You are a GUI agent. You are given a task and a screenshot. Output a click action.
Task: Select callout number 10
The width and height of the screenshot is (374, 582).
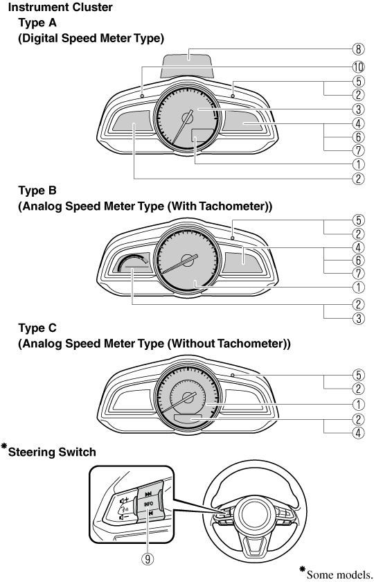pos(357,67)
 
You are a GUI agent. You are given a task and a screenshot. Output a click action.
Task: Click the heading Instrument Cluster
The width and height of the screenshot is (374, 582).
pos(60,7)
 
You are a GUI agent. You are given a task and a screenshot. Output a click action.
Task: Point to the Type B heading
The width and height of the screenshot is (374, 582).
pos(37,191)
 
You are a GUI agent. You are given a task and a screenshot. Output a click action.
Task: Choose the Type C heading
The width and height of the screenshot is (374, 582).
pos(37,328)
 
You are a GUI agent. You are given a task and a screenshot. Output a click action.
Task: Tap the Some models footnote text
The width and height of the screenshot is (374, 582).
pos(339,574)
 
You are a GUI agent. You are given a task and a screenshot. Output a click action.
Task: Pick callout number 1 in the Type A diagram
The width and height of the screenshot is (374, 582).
pos(357,164)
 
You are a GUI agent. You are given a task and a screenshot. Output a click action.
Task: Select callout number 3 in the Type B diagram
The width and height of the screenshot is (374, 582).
pos(357,319)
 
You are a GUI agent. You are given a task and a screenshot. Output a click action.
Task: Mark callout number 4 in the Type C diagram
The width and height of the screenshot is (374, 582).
pos(357,433)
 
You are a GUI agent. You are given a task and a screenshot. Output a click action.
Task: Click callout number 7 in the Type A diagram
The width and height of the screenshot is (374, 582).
pos(357,150)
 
